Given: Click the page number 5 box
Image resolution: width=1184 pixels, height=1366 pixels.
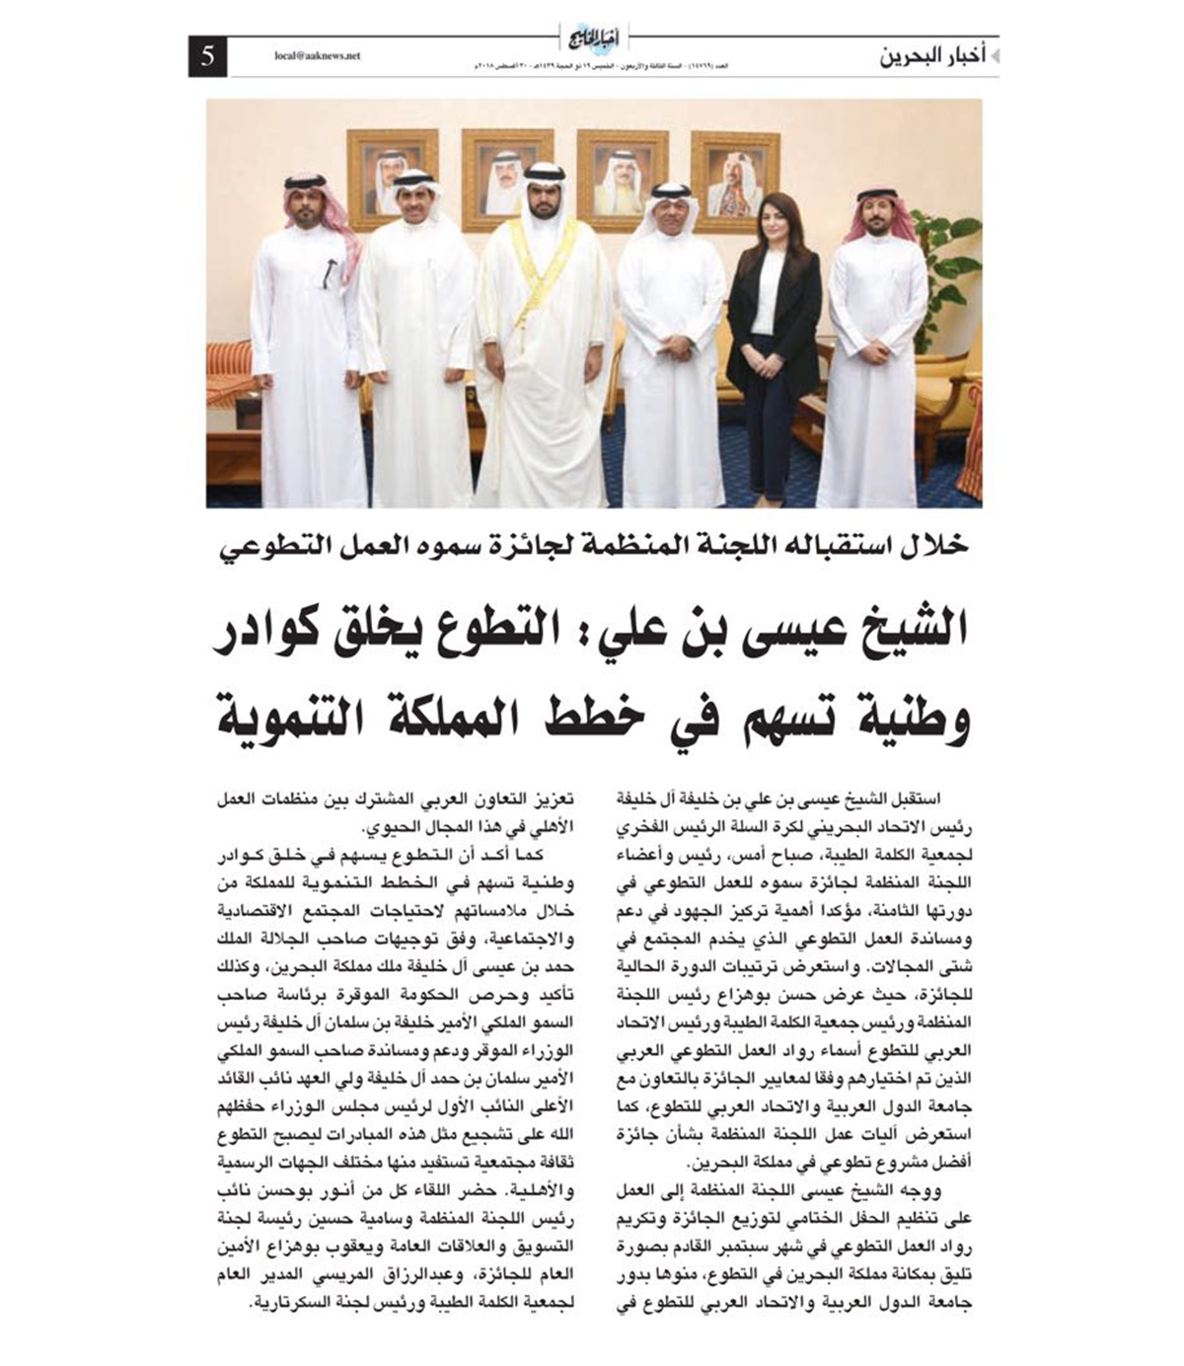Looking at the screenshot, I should pyautogui.click(x=207, y=56).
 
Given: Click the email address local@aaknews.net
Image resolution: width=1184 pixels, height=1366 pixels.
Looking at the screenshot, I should pyautogui.click(x=318, y=56).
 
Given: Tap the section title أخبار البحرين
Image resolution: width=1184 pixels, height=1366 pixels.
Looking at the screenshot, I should pyautogui.click(x=932, y=57).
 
